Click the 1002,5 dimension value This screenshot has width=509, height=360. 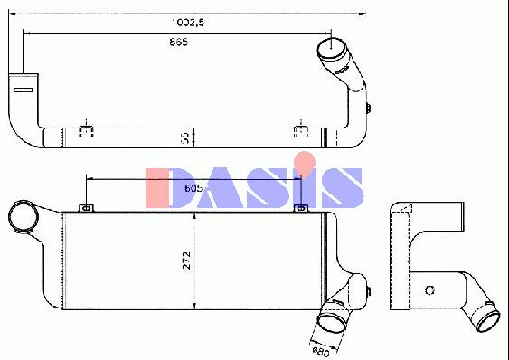coord(188,23)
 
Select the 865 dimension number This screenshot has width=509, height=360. coord(178,42)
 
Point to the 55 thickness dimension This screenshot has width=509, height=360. coord(185,138)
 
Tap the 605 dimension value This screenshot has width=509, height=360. coord(193,188)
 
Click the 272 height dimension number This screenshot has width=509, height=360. coord(186,260)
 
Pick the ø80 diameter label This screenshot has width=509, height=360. coord(320,352)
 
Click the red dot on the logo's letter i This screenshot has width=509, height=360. coord(305,162)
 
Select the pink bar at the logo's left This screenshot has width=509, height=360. coord(157,188)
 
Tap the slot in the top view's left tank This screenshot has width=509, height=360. coord(23,90)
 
